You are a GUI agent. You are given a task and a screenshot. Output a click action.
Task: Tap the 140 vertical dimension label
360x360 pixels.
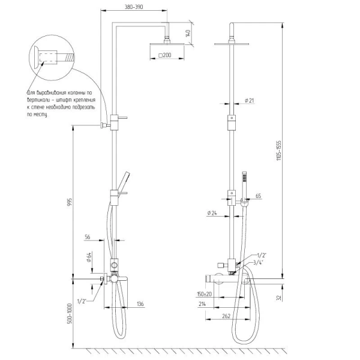click(188, 34)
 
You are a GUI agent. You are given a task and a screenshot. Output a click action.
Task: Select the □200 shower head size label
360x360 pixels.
click(164, 55)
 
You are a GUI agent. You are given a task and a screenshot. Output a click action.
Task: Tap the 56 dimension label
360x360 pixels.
click(88, 238)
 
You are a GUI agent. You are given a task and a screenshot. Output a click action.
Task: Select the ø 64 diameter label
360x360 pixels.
click(88, 258)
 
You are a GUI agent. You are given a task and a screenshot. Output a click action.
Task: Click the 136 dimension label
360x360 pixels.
click(139, 304)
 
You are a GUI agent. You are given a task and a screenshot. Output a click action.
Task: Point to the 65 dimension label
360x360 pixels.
click(259, 196)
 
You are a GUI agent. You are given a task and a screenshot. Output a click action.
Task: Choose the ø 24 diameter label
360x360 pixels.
click(211, 212)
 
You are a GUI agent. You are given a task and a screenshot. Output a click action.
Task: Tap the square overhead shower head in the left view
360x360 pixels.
click(164, 45)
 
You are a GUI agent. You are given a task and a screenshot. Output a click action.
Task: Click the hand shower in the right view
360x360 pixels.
click(245, 181)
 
